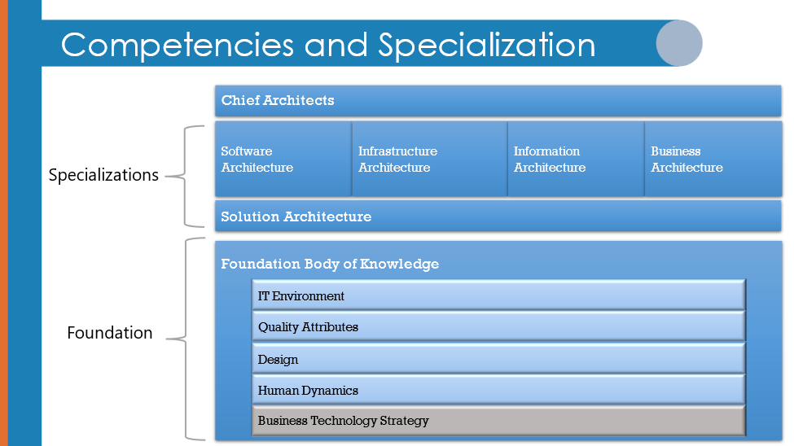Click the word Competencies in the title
[178, 46]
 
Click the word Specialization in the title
[487, 45]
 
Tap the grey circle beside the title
[679, 43]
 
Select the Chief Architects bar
[498, 101]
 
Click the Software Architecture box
[283, 159]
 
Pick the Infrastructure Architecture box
[430, 159]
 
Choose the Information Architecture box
[577, 159]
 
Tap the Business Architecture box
[713, 159]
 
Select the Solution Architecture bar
[498, 216]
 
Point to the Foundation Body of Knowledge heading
[330, 264]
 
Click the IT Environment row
[498, 295]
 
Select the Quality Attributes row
[498, 326]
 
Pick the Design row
[498, 358]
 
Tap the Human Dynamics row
[498, 390]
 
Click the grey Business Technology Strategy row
[498, 421]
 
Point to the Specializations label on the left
[103, 175]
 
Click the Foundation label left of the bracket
[110, 333]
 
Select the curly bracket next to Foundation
[186, 339]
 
